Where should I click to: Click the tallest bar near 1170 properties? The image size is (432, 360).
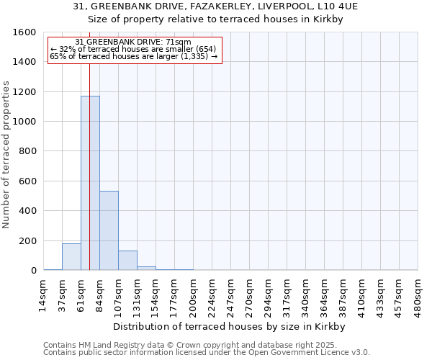pos(90,183)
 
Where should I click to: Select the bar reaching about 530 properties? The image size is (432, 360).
pos(109,230)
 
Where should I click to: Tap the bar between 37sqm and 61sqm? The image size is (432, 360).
pos(71,257)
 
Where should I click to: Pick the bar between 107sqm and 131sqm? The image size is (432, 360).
pos(127,261)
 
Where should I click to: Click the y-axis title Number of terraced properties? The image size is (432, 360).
pos(6,155)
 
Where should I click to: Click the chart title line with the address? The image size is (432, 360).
pos(215,6)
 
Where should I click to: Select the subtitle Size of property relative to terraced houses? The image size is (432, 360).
pos(215,19)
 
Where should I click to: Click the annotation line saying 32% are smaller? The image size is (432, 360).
pos(133,49)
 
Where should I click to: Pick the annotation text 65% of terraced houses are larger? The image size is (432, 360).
pos(133,56)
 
